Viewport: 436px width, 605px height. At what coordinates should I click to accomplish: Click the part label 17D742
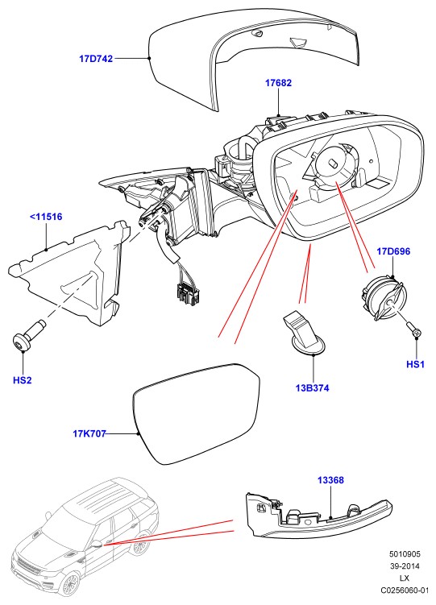click(96, 59)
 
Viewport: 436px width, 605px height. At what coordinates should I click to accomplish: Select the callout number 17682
click(278, 82)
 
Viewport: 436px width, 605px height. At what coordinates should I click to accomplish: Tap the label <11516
click(46, 217)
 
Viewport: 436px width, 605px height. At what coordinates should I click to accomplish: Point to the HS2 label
click(23, 380)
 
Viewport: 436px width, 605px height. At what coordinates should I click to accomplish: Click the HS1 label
click(416, 364)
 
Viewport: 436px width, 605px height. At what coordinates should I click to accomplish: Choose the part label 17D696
click(393, 251)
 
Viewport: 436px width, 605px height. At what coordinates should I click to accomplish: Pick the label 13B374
click(313, 387)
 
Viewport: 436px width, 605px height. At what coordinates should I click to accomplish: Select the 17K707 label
click(89, 433)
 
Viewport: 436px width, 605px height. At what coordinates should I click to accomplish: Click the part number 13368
click(330, 480)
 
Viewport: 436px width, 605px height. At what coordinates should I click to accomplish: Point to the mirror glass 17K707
click(197, 412)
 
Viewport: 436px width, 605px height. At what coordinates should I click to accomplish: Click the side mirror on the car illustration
click(97, 545)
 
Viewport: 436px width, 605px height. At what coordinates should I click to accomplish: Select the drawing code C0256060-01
click(405, 590)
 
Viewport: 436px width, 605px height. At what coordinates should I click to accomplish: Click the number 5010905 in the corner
click(405, 554)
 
